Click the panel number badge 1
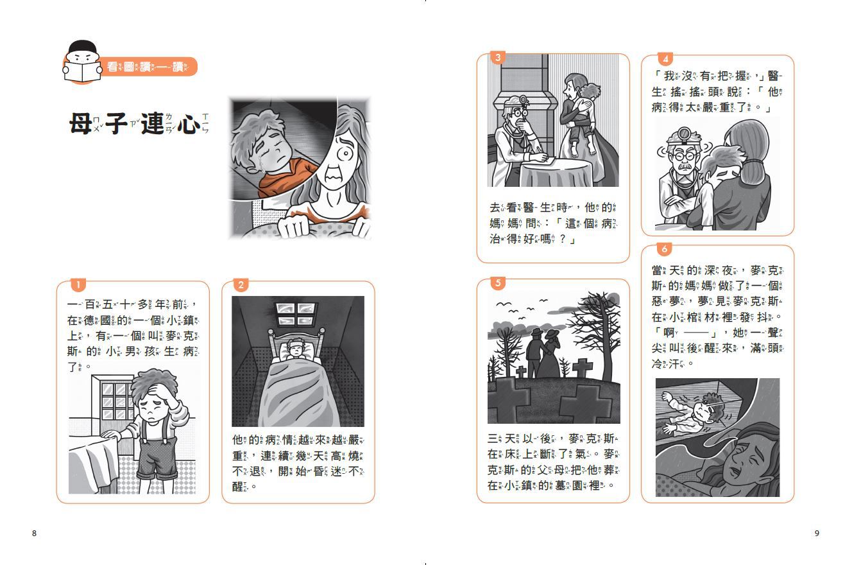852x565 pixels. point(77,284)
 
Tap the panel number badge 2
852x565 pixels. point(241,284)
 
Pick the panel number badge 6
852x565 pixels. point(665,248)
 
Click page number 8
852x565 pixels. point(34,533)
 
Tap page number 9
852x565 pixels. point(817,533)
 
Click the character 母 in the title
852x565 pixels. point(81,125)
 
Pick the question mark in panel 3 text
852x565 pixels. point(563,239)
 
